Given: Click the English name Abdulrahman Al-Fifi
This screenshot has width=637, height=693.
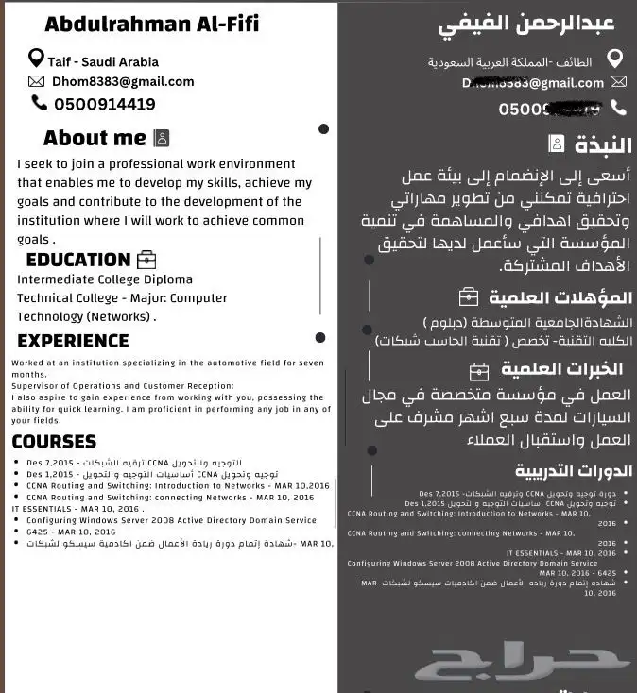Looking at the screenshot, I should pos(151,23).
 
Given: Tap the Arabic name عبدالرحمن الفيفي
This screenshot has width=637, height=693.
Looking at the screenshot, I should pos(526,24).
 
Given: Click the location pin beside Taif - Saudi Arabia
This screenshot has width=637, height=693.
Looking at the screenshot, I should pos(36,59).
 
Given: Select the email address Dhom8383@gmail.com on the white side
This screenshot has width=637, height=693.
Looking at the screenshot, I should pos(123,81).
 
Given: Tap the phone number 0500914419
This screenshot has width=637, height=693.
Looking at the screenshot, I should pos(105,104).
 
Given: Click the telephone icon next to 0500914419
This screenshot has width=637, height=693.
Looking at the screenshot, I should pos(39,103).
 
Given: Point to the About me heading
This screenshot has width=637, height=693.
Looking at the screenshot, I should pos(95,138).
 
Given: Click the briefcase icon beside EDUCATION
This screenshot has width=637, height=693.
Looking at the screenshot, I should pos(146,260).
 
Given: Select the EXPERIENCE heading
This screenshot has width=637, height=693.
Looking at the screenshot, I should pos(73,341).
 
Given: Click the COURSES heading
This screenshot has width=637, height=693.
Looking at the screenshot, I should pos(54,441).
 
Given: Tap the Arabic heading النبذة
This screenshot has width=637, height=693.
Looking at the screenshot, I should pos(603,145).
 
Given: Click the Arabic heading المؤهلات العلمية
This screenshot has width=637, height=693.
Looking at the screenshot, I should pos(560,297).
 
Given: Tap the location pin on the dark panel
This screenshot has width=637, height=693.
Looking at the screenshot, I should pos(616,59).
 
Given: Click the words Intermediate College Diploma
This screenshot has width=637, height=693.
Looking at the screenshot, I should pos(105,279).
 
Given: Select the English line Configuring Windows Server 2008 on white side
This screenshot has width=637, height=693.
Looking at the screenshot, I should pos(171,520).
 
